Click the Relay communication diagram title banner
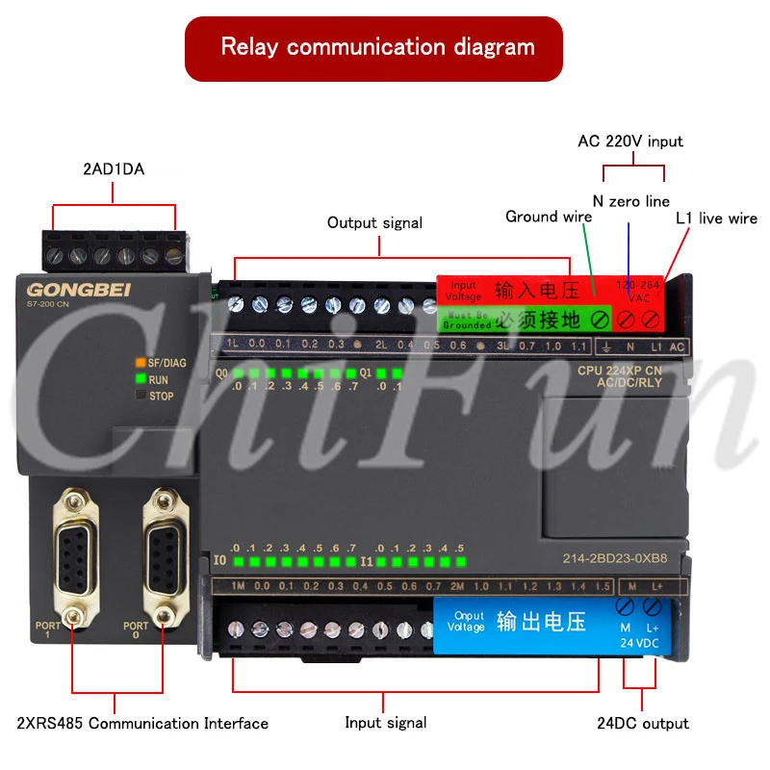[377, 46]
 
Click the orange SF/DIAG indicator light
[140, 364]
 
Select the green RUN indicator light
[140, 380]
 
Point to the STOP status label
[162, 396]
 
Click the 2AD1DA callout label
[114, 169]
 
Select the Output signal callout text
[374, 222]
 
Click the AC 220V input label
[630, 141]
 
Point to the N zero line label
[631, 201]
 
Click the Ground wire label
[549, 217]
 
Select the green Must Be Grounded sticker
[526, 319]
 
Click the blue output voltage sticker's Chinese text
[541, 622]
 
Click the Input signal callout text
[385, 722]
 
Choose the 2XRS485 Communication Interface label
[142, 723]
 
